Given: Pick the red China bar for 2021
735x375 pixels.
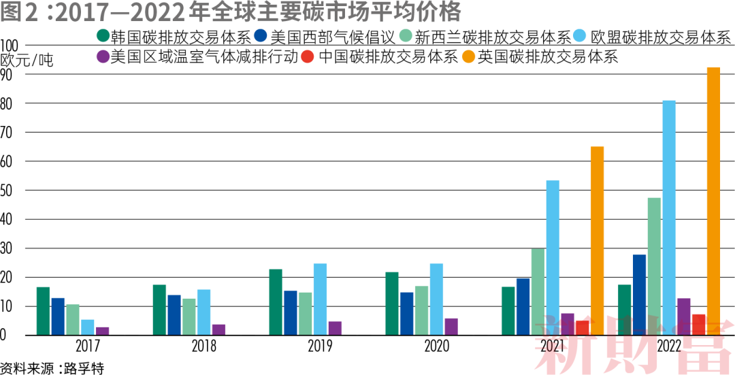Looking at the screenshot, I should (582, 328).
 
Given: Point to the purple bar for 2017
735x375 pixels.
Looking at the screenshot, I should (102, 331).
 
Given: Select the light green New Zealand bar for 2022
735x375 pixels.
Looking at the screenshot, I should (655, 266).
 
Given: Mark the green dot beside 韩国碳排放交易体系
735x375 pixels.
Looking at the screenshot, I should (103, 37).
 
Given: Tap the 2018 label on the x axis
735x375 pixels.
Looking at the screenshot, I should (203, 346).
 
